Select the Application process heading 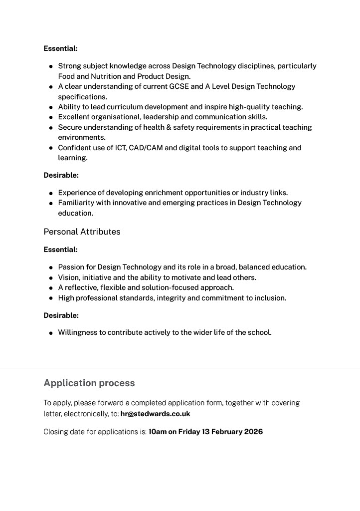tap(89, 383)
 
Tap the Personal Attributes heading tap(82, 232)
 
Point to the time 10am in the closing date tap(157, 432)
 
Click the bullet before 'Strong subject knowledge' tap(51, 66)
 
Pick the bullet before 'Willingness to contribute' tap(51, 333)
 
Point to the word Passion tap(71, 267)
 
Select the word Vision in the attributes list tap(69, 277)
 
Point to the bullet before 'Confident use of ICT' tap(51, 148)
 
